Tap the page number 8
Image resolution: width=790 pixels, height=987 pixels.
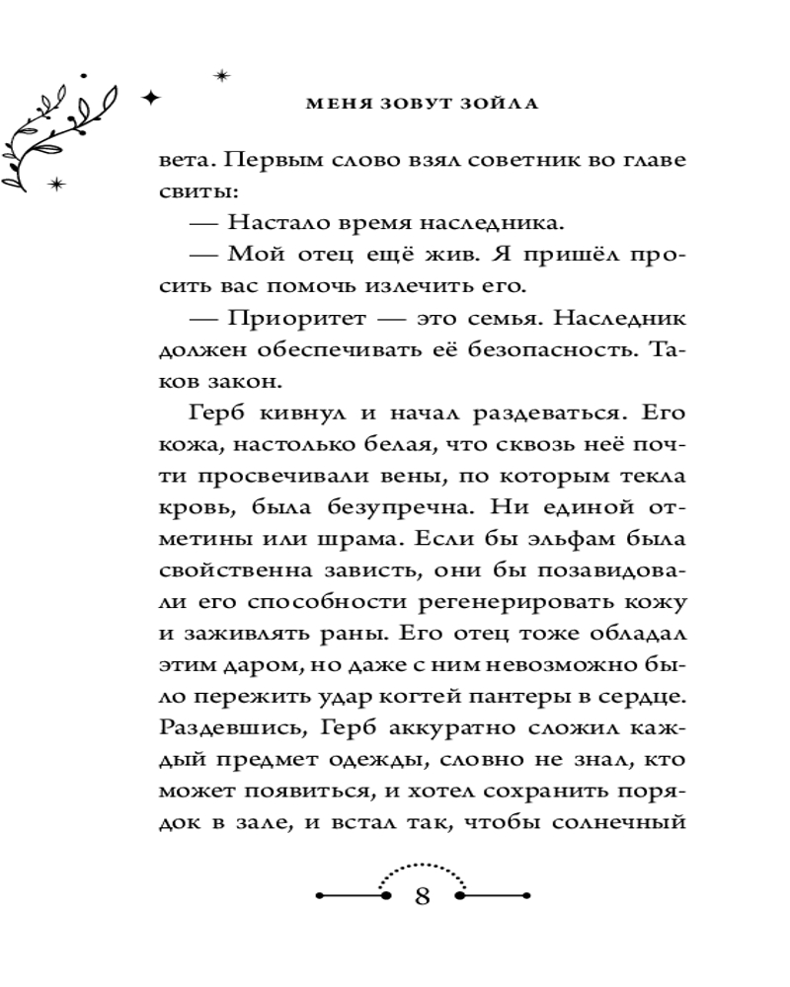422,897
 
